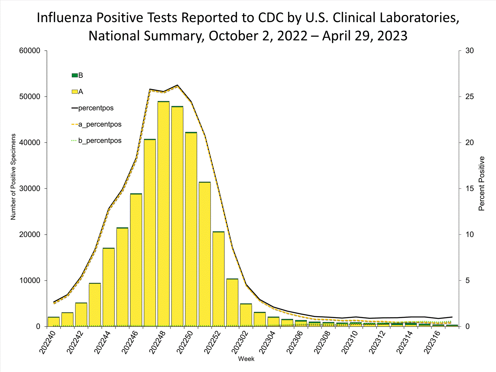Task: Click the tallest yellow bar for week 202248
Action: tap(163, 215)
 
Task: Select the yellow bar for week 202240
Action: tap(54, 322)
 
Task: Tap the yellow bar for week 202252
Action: tap(218, 279)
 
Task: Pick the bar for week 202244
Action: tap(108, 288)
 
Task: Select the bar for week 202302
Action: tap(246, 315)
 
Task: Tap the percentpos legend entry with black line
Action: tap(93, 108)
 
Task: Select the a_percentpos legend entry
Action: tap(97, 124)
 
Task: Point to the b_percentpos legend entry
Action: tap(97, 141)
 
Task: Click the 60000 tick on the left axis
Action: tap(30, 51)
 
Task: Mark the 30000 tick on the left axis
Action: tap(30, 188)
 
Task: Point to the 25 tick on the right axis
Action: tap(470, 97)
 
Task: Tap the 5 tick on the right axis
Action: tap(468, 280)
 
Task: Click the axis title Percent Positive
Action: tap(481, 184)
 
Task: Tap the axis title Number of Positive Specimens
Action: tap(13, 177)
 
